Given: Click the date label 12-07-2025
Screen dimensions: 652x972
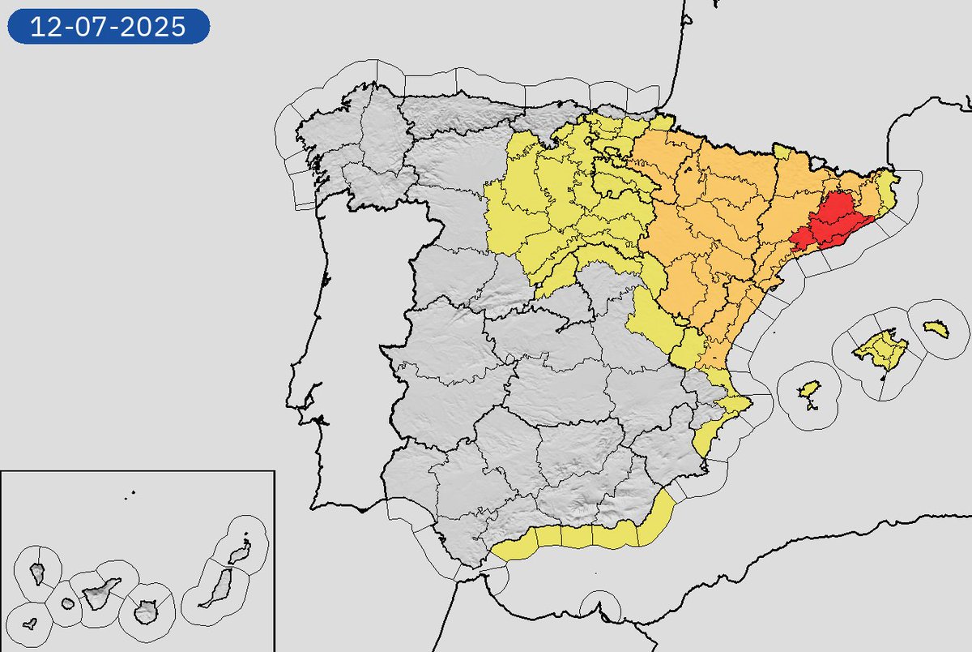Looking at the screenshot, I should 109,28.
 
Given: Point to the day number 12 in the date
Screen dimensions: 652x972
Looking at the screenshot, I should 45,28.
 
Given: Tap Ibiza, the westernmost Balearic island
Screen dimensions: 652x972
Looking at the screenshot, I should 808,392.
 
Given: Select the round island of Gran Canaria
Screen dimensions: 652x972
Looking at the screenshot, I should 146,611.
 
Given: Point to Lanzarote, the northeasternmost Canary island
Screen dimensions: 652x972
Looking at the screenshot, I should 238,553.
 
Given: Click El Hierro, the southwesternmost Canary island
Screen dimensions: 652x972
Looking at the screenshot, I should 30,624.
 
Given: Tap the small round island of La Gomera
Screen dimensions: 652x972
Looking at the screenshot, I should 67,603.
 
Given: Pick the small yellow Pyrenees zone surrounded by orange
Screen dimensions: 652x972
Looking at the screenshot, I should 782,152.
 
